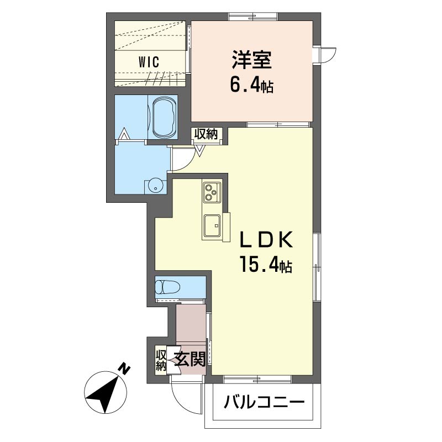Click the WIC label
149,62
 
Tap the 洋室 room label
252,60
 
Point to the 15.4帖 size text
265,264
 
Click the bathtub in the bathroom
162,117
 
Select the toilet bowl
167,287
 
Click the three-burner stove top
212,192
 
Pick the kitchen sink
212,225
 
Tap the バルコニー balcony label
264,403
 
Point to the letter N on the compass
123,369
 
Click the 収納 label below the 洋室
207,134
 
